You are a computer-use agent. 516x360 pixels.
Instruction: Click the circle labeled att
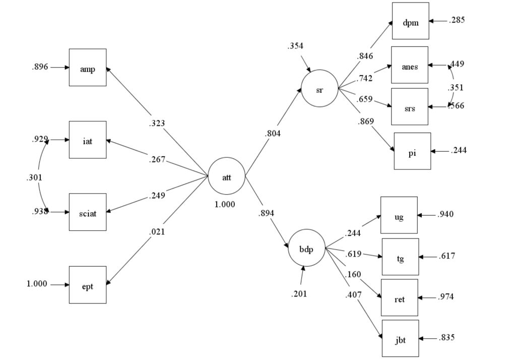pos(226,176)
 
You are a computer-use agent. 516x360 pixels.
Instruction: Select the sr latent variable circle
pos(319,88)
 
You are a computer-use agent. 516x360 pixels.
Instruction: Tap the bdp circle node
pos(306,248)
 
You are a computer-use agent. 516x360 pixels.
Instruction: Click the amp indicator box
pos(88,68)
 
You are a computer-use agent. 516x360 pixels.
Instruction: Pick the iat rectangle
pos(88,140)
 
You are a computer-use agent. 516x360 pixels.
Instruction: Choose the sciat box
pos(88,212)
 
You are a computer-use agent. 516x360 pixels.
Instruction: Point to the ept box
pos(88,284)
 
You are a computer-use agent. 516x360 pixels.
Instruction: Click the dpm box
pos(410,21)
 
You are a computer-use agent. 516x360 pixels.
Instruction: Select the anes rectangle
pos(410,65)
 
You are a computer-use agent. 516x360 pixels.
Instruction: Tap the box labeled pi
pos(412,151)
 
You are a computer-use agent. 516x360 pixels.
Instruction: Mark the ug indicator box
pos(399,215)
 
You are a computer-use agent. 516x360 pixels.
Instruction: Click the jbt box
pos(400,338)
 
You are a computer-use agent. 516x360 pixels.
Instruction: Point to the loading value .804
pos(272,134)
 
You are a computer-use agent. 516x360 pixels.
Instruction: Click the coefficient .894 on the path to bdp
pos(266,213)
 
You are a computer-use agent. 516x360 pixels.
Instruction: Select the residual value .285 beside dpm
pos(457,21)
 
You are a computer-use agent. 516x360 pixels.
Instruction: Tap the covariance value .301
pos(34,177)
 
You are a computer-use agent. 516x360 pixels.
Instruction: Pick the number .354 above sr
pos(295,46)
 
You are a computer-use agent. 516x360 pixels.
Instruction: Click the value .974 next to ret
pos(446,297)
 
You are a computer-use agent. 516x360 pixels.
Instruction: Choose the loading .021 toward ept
pos(157,232)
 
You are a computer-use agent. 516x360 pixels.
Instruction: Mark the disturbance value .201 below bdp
pos(299,294)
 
